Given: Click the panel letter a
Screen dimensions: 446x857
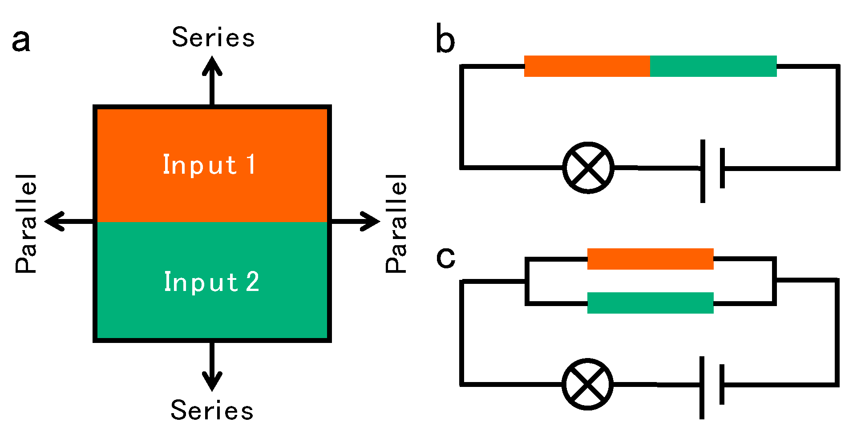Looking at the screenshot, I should tap(21, 42).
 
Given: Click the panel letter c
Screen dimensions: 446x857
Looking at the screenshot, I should tap(446, 258).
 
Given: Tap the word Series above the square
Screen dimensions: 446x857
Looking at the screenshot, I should tap(213, 37).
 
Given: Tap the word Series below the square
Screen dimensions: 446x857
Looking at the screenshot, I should tap(212, 410).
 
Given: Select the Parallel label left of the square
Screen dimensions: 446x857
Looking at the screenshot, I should tap(26, 223).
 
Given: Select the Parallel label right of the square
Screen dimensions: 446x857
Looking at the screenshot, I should tap(396, 223).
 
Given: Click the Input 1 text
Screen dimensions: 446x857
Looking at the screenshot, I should tap(209, 165).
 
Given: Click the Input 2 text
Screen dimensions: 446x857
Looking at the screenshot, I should tap(212, 282).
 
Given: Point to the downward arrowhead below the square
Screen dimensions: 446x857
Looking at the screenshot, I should tap(212, 381).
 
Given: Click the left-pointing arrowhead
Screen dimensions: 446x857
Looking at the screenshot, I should tap(55, 221).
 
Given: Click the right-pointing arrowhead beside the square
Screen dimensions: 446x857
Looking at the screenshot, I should tap(370, 221).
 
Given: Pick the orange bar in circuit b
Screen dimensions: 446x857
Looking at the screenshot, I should tap(587, 66).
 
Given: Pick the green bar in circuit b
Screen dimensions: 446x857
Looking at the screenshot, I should tap(713, 66).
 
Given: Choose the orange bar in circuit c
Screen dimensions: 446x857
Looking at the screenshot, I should tap(650, 259).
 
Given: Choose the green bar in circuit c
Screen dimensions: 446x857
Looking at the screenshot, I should tap(650, 303).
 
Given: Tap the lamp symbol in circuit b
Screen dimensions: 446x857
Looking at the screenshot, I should tap(588, 168).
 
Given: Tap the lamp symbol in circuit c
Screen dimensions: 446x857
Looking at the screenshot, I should tap(587, 384).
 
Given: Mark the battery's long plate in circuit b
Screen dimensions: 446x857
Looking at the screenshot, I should tap(703, 171).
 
